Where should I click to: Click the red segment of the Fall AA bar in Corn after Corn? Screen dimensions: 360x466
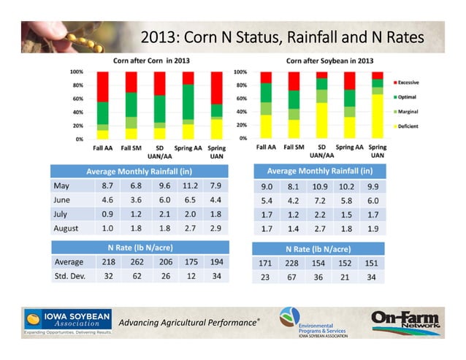pos(102,86)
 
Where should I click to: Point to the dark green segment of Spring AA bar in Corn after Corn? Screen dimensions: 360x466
pos(188,102)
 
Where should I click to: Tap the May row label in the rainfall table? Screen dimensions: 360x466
pos(63,185)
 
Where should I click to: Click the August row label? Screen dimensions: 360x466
pos(66,229)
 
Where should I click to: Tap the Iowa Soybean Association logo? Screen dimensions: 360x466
pos(67,322)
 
